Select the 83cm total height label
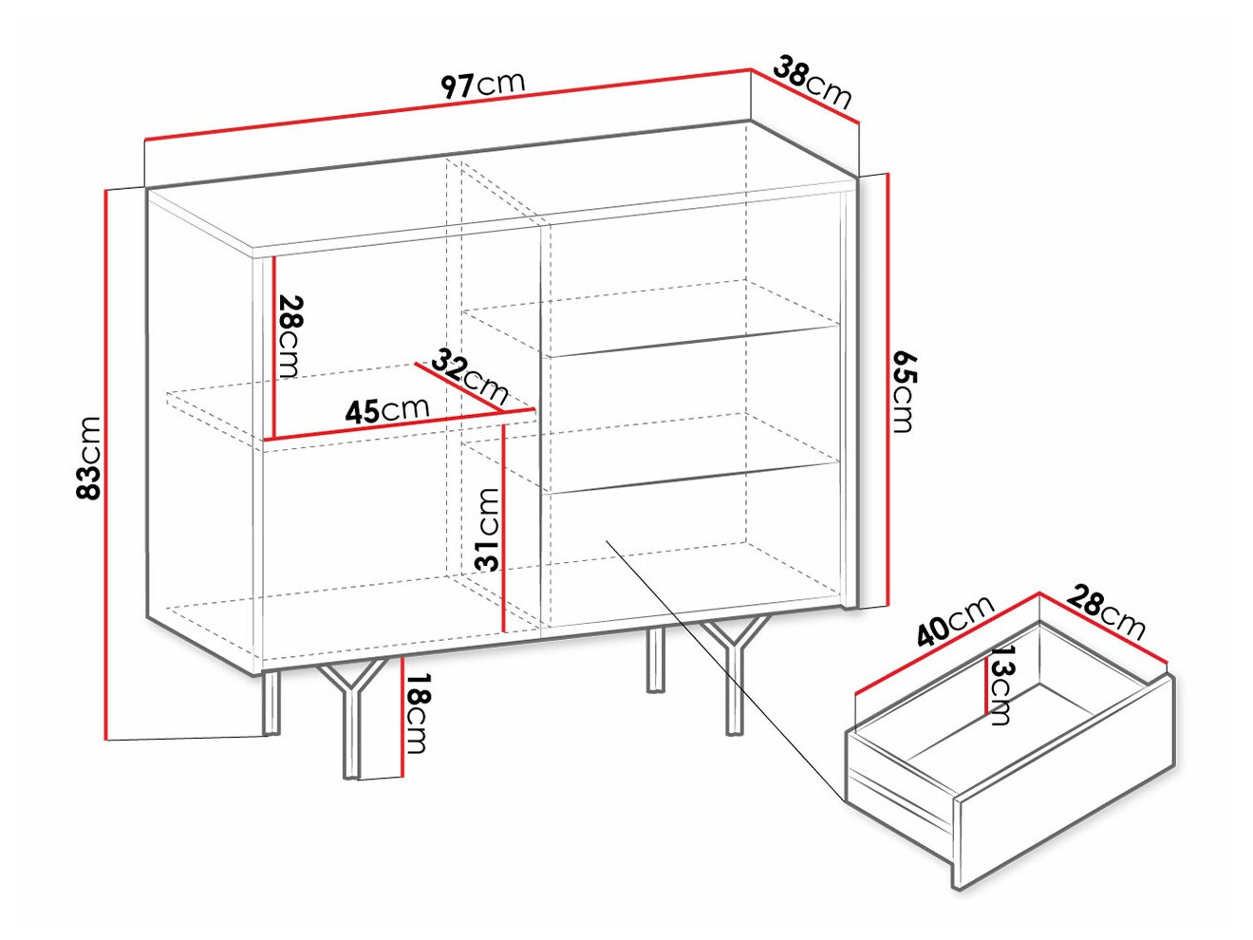[89, 458]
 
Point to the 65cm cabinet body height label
[903, 392]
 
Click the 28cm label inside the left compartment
[290, 336]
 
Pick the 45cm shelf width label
[387, 410]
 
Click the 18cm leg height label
[417, 713]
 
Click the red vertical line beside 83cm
[106, 464]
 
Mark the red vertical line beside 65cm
[888, 390]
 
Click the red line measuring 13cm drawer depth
[986, 685]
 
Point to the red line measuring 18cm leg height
[402, 718]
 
